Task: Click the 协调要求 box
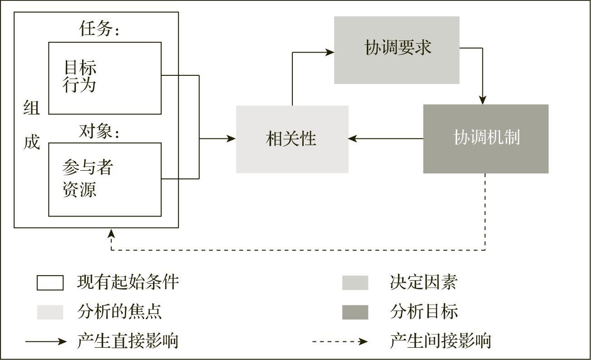(x=397, y=50)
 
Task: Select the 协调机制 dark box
(x=486, y=138)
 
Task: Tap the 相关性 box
(x=292, y=139)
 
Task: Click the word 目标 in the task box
(x=80, y=68)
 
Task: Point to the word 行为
(x=80, y=85)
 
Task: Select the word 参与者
(x=87, y=168)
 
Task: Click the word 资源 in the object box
(x=80, y=189)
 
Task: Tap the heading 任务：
(x=99, y=30)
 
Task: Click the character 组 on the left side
(x=31, y=108)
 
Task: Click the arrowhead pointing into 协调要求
(x=330, y=52)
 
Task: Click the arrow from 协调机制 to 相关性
(x=386, y=138)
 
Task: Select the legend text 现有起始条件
(x=128, y=282)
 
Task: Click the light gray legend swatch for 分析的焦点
(x=50, y=312)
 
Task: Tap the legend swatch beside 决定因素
(x=355, y=282)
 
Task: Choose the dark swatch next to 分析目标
(x=355, y=312)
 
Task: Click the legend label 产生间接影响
(x=440, y=340)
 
